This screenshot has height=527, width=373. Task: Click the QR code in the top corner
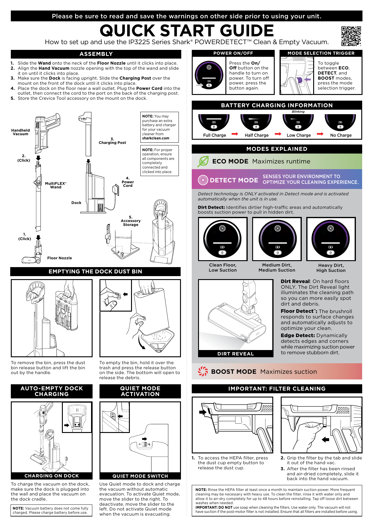351,36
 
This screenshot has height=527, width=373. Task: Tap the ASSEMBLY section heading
96,54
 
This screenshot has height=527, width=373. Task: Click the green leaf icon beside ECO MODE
203,161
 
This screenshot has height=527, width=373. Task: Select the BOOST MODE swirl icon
203,371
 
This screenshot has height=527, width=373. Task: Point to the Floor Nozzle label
60,258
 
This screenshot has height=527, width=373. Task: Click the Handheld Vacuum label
20,132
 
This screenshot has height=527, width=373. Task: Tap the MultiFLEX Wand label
56,185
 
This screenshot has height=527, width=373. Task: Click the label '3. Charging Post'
112,141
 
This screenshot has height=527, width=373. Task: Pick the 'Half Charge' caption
257,136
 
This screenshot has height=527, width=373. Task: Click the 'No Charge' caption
341,136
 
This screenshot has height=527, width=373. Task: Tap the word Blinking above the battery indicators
298,112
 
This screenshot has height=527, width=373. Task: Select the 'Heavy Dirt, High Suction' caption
331,268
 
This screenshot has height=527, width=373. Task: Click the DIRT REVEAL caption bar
236,354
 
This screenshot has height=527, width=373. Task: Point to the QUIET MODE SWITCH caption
140,476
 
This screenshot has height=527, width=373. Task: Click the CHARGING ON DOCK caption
52,476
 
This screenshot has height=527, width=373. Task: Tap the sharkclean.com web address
156,139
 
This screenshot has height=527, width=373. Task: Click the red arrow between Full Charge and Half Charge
235,134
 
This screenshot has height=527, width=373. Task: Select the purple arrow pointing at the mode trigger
307,80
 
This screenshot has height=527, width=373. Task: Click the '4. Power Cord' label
128,182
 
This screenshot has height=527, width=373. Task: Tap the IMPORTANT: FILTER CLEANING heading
277,389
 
